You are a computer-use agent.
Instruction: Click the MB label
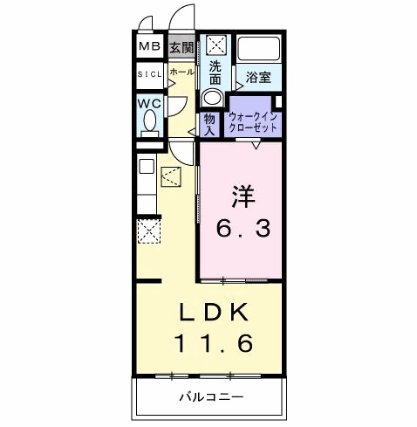[149, 46]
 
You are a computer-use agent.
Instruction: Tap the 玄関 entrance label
[181, 47]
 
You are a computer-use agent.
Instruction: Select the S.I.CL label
[149, 74]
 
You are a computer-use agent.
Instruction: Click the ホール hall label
[181, 72]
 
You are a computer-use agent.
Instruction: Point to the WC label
[149, 103]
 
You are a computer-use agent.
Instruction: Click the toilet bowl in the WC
[150, 121]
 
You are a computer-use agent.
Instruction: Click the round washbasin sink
[212, 97]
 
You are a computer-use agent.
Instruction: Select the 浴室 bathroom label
[258, 78]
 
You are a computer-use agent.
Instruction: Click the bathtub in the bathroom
[259, 48]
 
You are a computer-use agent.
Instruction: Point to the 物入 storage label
[209, 125]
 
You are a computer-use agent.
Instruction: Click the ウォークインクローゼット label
[253, 122]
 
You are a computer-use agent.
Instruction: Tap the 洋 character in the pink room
[243, 196]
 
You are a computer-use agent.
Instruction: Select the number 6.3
[243, 229]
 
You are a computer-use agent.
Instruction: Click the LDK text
[214, 312]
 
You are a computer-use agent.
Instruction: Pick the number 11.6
[213, 343]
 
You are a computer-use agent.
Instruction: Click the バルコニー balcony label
[211, 396]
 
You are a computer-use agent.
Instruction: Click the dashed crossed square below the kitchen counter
[149, 231]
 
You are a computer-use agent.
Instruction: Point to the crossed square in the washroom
[215, 45]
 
